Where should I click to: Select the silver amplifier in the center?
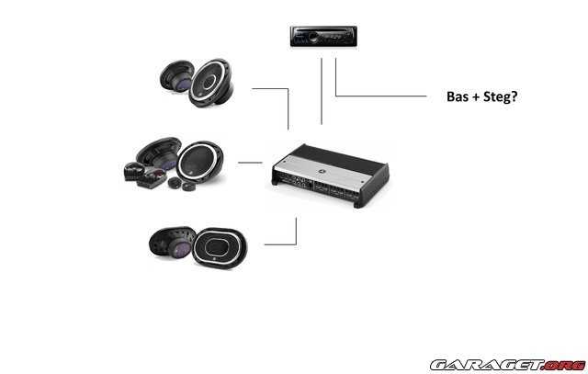(x=327, y=171)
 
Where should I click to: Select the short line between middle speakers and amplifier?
(x=250, y=163)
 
